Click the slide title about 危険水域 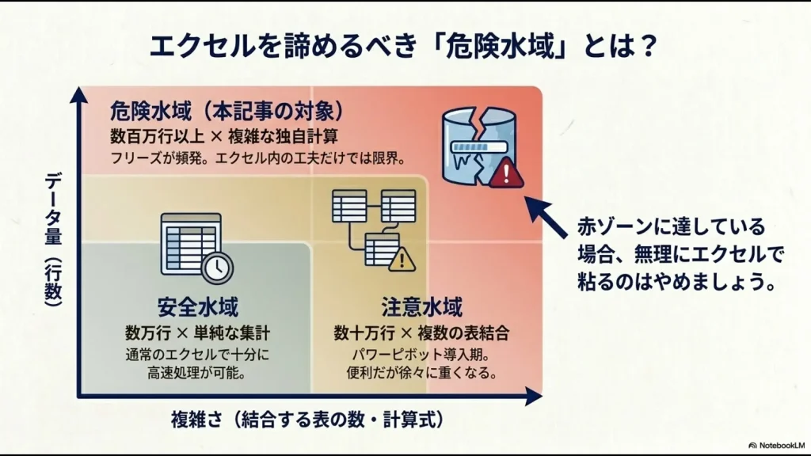405,45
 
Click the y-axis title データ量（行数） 53,237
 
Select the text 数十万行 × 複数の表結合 421,332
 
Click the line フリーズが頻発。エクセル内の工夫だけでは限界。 258,158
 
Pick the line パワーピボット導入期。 421,354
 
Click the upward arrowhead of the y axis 78,93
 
